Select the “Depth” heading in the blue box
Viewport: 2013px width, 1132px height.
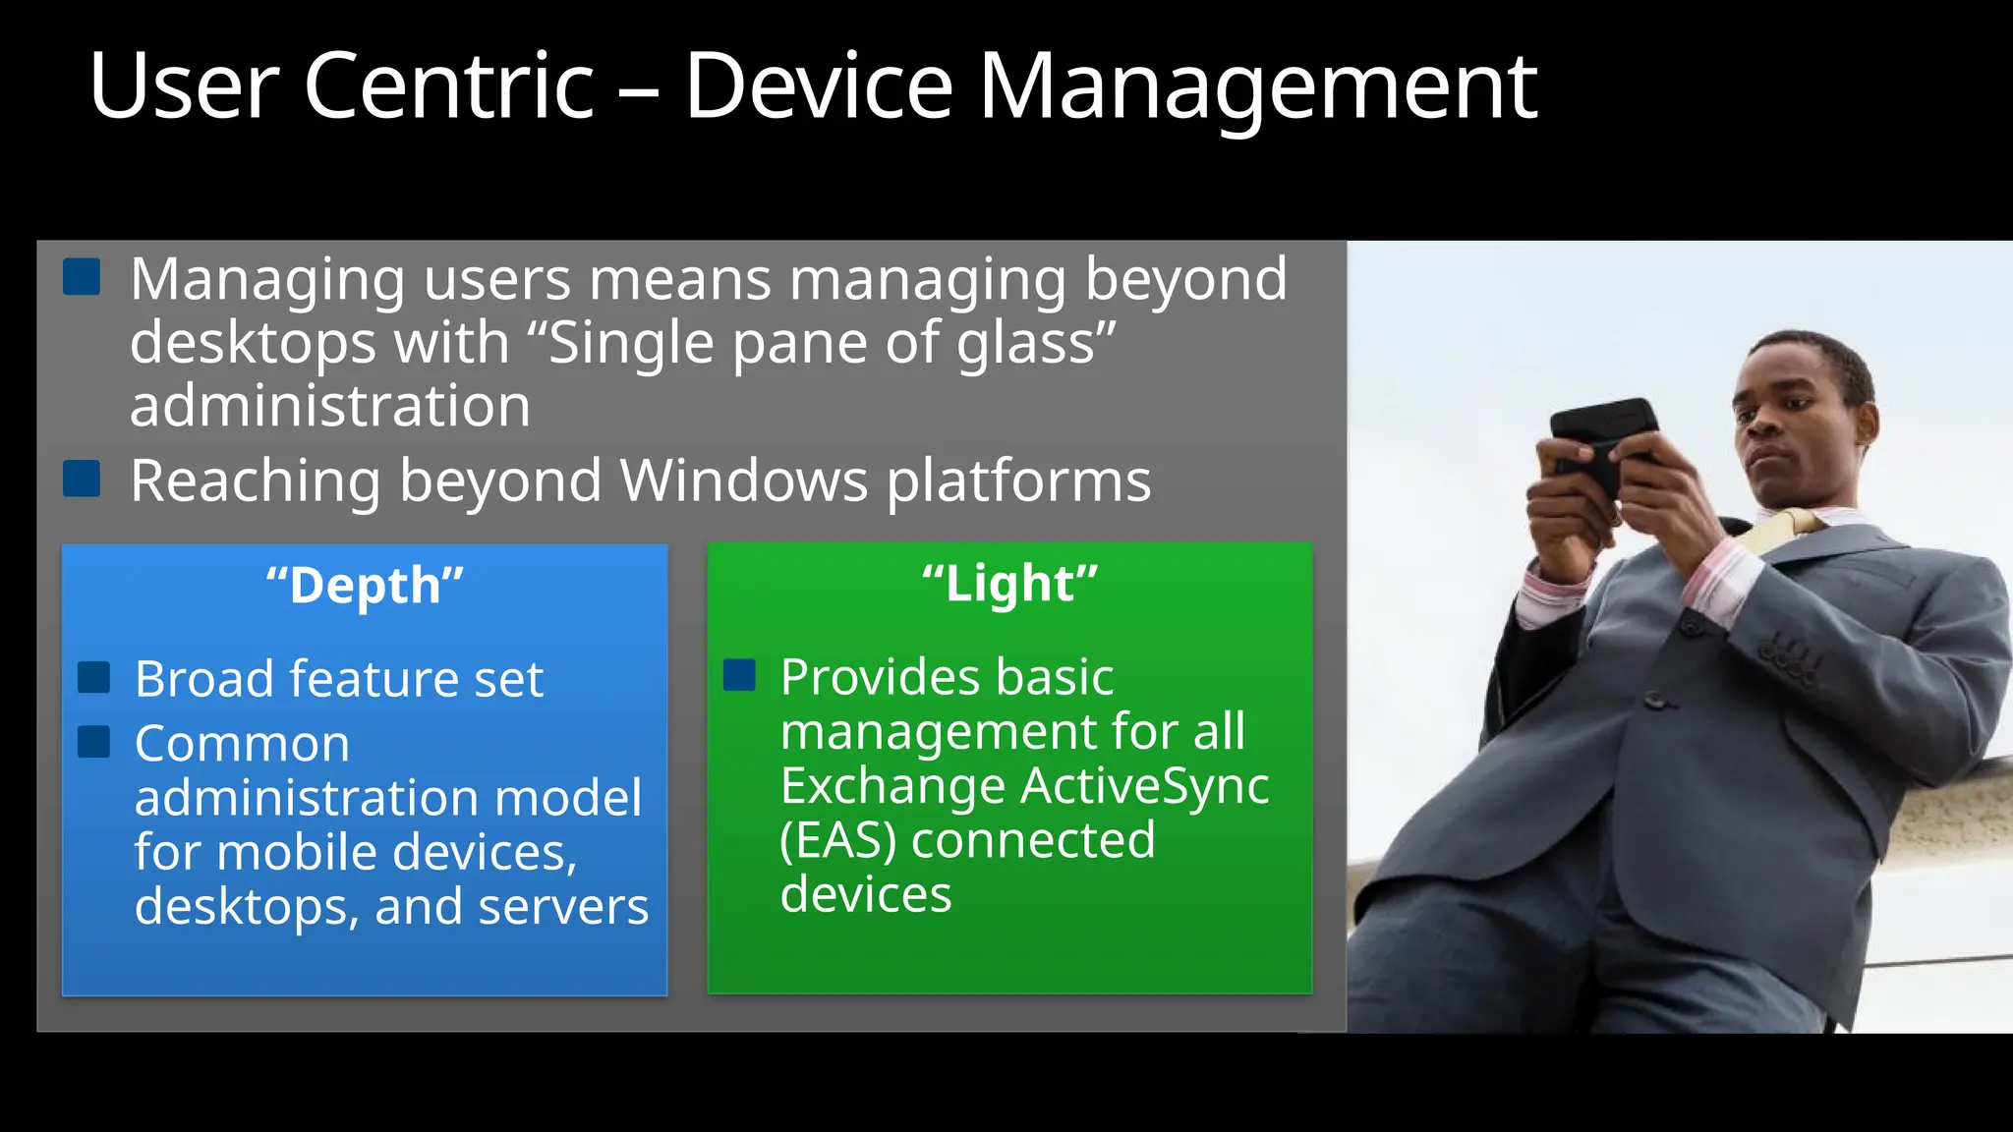[365, 586]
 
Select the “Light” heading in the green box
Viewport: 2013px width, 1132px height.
[1009, 584]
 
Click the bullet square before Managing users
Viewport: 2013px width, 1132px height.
[82, 277]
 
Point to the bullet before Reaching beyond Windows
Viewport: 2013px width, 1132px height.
[82, 479]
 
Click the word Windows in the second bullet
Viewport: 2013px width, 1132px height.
[744, 481]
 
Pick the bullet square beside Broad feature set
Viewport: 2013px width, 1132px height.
[94, 677]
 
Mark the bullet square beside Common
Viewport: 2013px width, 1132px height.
[94, 742]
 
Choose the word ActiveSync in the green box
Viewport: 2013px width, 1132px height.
[1145, 786]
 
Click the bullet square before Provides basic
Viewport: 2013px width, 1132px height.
[739, 675]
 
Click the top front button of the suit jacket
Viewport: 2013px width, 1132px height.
[1655, 701]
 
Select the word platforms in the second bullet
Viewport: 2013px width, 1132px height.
[1018, 481]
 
